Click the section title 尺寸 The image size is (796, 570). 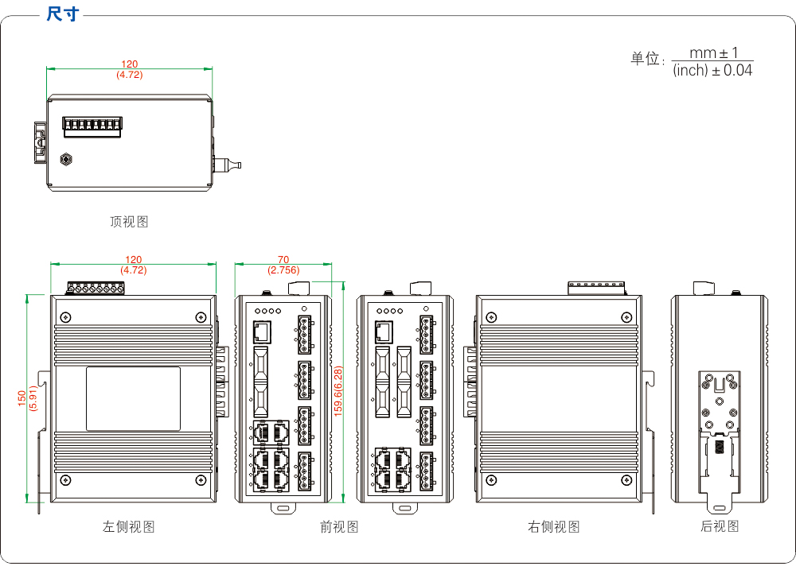click(63, 14)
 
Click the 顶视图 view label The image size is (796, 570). click(129, 222)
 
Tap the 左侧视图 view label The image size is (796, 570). click(128, 526)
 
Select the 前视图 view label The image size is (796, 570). click(339, 526)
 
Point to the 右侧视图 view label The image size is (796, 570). click(554, 526)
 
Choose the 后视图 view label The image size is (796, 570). click(720, 526)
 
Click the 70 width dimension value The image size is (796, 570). click(283, 260)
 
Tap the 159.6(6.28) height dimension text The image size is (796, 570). click(338, 391)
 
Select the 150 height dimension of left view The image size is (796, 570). click(22, 398)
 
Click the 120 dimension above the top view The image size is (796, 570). click(129, 64)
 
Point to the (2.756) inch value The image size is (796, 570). click(283, 270)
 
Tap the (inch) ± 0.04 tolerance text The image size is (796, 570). click(712, 71)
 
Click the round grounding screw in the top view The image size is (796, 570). click(67, 160)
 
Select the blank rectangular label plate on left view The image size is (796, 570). click(134, 398)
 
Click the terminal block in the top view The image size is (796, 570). click(92, 126)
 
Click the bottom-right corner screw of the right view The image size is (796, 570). click(626, 480)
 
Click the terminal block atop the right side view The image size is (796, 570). click(595, 287)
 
